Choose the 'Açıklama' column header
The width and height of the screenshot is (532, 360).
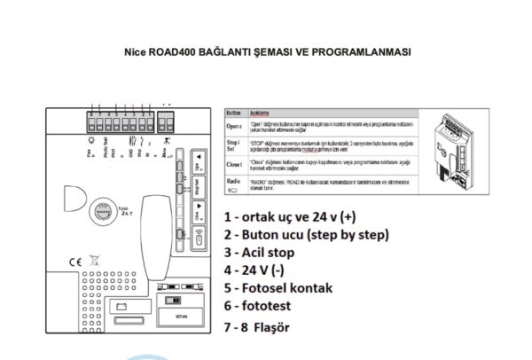[x=259, y=113]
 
